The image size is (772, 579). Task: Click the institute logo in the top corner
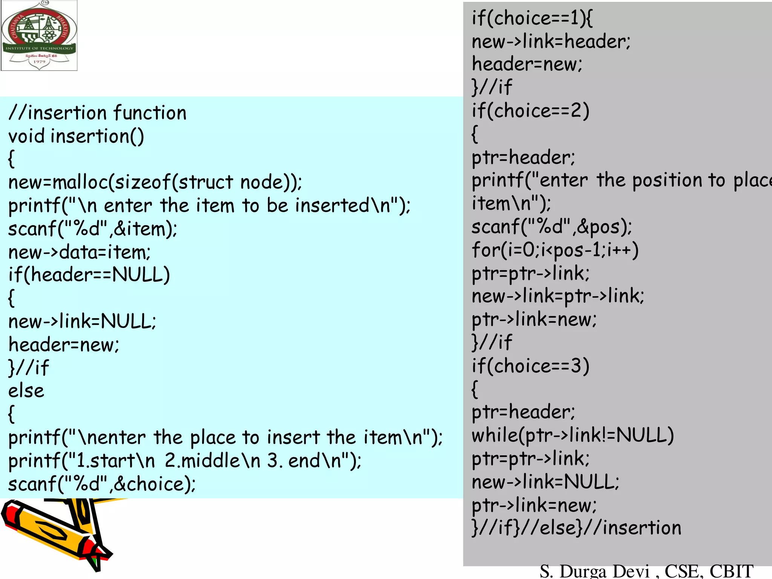pyautogui.click(x=39, y=35)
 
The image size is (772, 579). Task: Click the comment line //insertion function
pyautogui.click(x=97, y=113)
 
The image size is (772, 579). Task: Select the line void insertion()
pyautogui.click(x=76, y=136)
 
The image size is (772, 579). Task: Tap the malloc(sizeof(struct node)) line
pyautogui.click(x=155, y=182)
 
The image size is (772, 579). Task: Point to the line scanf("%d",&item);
pyautogui.click(x=93, y=229)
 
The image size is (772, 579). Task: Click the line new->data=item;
pyautogui.click(x=79, y=252)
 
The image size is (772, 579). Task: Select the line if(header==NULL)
pyautogui.click(x=89, y=275)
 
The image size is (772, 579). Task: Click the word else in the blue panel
pyautogui.click(x=26, y=391)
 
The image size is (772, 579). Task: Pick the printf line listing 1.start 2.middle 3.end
pyautogui.click(x=185, y=461)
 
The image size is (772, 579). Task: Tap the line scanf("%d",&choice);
pyautogui.click(x=102, y=484)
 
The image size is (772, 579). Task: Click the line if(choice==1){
pyautogui.click(x=532, y=18)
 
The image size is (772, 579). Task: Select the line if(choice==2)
pyautogui.click(x=530, y=111)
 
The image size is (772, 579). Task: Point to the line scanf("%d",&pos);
pyautogui.click(x=551, y=227)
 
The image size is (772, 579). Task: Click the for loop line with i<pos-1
pyautogui.click(x=555, y=250)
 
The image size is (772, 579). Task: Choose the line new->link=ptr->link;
pyautogui.click(x=558, y=296)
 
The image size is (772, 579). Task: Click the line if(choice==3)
pyautogui.click(x=530, y=366)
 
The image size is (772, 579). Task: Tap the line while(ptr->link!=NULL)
pyautogui.click(x=573, y=435)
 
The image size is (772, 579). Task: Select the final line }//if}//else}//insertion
pyautogui.click(x=576, y=528)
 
